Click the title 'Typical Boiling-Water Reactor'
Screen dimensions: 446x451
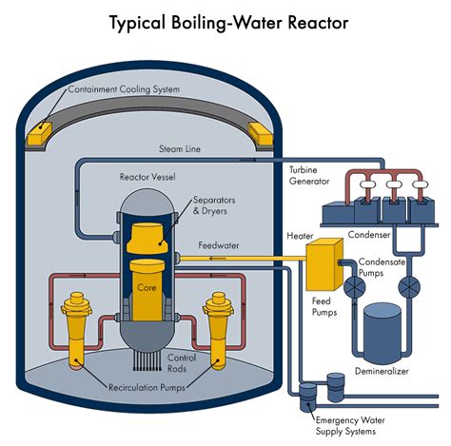[x=226, y=20]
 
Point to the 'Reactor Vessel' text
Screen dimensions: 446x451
[x=149, y=177]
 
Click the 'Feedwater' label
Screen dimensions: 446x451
[x=219, y=245]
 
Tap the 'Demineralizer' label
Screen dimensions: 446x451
[x=382, y=371]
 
